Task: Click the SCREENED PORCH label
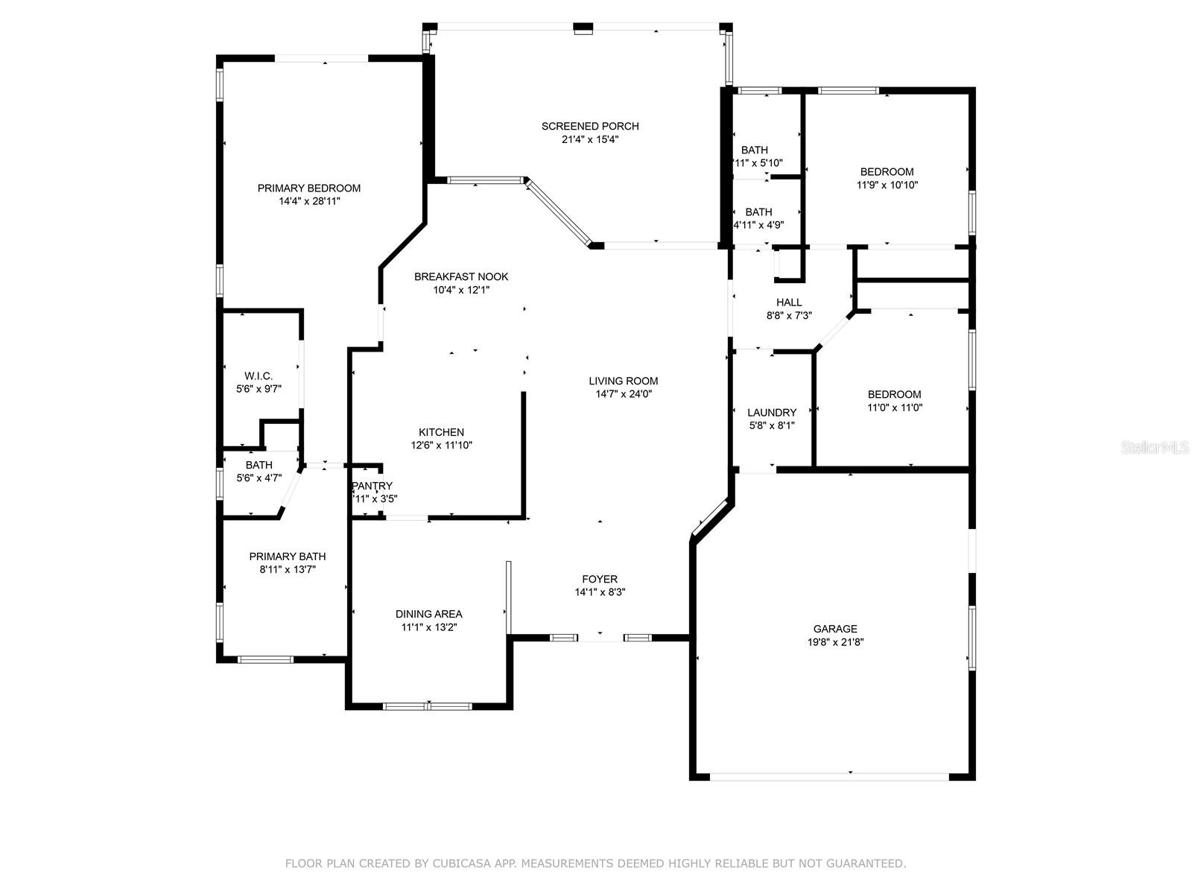[x=590, y=126]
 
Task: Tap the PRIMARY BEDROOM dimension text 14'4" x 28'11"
[x=309, y=201]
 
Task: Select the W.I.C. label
[x=259, y=376]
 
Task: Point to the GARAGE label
[x=835, y=629]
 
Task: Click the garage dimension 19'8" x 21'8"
[x=835, y=642]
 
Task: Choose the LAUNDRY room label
[x=772, y=413]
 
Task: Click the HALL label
[x=789, y=302]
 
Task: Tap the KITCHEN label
[x=441, y=432]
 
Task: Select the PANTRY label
[x=372, y=486]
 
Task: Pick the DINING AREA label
[x=428, y=614]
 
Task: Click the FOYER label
[x=600, y=579]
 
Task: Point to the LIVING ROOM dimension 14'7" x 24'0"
[x=624, y=394]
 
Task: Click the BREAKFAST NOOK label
[x=461, y=276]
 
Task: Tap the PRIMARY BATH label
[x=287, y=557]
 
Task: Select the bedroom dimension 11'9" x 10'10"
[x=887, y=185]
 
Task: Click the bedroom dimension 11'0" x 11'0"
[x=894, y=408]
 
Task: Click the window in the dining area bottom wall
[x=428, y=706]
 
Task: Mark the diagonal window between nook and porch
[x=559, y=212]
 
